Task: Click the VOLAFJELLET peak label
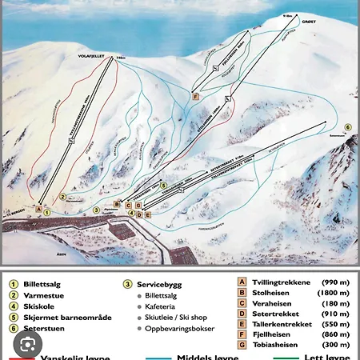coord(94,57)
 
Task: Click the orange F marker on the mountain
coord(195,96)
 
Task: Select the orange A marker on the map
coord(38,209)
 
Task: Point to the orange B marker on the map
coord(118,204)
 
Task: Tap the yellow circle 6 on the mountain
coord(348,127)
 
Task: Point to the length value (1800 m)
coord(333,293)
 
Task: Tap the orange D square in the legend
coord(242,314)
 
